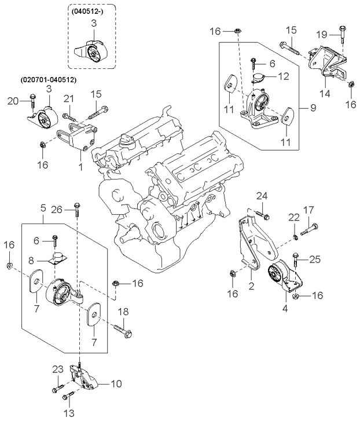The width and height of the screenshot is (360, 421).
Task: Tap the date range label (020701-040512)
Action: click(x=48, y=80)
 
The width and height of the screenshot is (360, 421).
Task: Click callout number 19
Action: click(x=322, y=34)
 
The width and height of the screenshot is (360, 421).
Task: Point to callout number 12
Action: click(x=284, y=76)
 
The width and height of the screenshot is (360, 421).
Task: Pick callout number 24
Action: click(x=262, y=196)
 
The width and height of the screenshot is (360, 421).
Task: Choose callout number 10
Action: click(x=116, y=384)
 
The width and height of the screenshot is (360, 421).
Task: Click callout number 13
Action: click(x=69, y=412)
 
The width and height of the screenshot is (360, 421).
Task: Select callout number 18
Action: click(x=123, y=312)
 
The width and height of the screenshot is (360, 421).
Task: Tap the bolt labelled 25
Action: click(x=295, y=260)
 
